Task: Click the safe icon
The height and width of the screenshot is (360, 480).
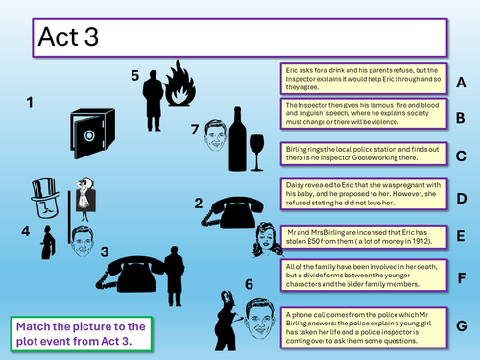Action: (x=92, y=133)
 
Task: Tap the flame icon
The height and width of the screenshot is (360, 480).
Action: (x=180, y=84)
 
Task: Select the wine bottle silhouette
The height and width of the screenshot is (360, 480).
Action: (x=237, y=139)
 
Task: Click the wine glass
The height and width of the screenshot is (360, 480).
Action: (x=256, y=153)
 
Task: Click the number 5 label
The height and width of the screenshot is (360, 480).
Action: (x=134, y=76)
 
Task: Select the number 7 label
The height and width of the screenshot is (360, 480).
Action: (x=195, y=130)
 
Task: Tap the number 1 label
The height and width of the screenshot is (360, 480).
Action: (x=30, y=103)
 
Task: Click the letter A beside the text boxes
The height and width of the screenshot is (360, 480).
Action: (x=461, y=83)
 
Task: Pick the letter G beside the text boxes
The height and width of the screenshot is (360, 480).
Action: (x=461, y=326)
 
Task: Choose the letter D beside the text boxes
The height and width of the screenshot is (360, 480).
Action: (x=461, y=199)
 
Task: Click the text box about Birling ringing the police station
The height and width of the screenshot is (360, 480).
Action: (x=364, y=154)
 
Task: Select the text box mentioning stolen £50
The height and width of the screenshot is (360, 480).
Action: (x=364, y=237)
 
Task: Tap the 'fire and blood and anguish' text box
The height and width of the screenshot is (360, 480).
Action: (x=364, y=113)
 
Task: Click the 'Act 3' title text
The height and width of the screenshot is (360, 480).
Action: (x=68, y=36)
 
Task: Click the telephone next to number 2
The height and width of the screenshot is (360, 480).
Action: (x=232, y=212)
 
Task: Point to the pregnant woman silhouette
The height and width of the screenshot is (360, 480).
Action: (x=226, y=321)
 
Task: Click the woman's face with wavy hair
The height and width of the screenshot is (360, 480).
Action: (x=268, y=240)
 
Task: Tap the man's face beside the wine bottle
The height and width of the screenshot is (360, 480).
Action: (x=215, y=135)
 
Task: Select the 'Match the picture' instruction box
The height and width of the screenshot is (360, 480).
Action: (x=81, y=334)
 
